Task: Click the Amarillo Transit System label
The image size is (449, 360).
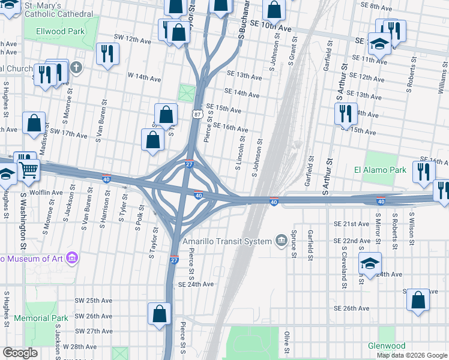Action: pyautogui.click(x=228, y=242)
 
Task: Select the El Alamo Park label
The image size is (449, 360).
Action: pyautogui.click(x=380, y=170)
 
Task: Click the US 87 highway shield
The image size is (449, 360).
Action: pyautogui.click(x=197, y=113)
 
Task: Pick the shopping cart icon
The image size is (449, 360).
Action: pyautogui.click(x=28, y=170)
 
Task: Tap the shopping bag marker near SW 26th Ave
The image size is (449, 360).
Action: pyautogui.click(x=159, y=313)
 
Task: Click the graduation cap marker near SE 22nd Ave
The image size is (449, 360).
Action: pyautogui.click(x=370, y=263)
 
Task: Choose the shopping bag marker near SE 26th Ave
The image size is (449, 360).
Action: pyautogui.click(x=418, y=299)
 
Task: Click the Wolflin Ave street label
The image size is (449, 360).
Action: pyautogui.click(x=47, y=193)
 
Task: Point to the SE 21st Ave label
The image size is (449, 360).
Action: pyautogui.click(x=351, y=224)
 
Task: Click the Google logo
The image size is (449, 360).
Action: pyautogui.click(x=20, y=353)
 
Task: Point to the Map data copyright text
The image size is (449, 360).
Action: pyautogui.click(x=412, y=355)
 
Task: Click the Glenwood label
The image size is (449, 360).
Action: pyautogui.click(x=387, y=346)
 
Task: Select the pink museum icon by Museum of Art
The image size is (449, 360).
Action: pyautogui.click(x=72, y=258)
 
